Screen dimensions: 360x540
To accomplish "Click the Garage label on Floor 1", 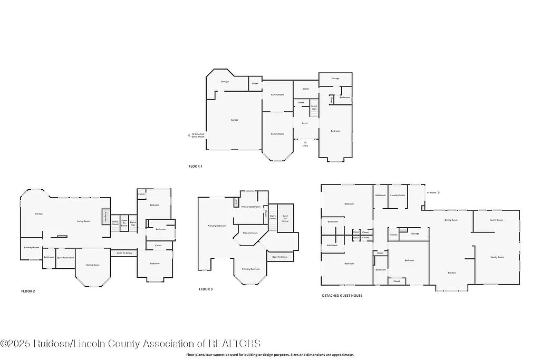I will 235,120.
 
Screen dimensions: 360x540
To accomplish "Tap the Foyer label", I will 305,123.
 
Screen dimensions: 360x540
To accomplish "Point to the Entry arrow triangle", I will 305,142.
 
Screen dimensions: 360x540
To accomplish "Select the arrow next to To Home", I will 439,193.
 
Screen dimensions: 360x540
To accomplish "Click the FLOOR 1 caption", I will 195,167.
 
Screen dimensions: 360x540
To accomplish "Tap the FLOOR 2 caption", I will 28,291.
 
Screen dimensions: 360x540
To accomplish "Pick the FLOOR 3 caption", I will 206,289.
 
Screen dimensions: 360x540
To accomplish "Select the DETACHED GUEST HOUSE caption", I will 342,296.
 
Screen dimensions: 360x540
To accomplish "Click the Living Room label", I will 83,221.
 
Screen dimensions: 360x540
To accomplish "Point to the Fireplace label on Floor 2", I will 105,216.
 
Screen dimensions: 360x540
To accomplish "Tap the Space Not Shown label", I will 65,257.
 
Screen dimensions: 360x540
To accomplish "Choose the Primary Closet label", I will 250,233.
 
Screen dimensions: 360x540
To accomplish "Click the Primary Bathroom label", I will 251,207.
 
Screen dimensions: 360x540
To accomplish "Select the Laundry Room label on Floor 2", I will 32,247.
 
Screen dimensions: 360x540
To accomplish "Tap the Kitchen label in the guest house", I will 451,273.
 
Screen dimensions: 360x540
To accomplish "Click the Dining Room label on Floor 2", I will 93,265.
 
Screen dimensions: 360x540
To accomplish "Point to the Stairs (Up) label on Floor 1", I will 314,108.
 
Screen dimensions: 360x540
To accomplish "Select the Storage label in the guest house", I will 415,233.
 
